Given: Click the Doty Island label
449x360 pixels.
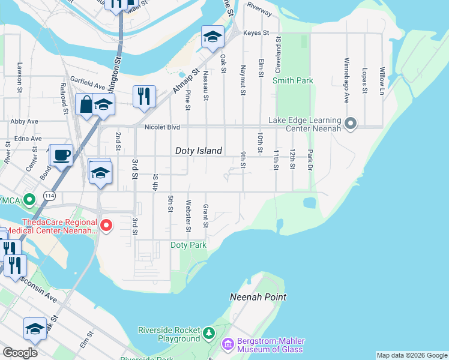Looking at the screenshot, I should (199, 151).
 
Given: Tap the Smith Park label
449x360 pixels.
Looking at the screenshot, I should (293, 80).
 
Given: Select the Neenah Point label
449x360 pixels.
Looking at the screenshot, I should (258, 297).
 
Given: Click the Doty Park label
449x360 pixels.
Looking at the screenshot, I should (188, 245).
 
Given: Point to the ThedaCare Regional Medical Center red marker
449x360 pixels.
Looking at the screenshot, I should (106, 226).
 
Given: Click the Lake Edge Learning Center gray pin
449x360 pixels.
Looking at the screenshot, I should (352, 124).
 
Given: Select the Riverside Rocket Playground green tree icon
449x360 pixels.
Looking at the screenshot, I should (208, 332).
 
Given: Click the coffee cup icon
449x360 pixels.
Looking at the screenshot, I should (62, 155).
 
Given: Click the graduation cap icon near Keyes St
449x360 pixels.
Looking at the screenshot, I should (212, 37).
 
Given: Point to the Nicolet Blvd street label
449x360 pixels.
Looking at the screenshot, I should (162, 127).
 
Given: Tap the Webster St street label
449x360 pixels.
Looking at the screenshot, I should (188, 216).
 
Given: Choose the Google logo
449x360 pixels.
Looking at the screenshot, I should (20, 353).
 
